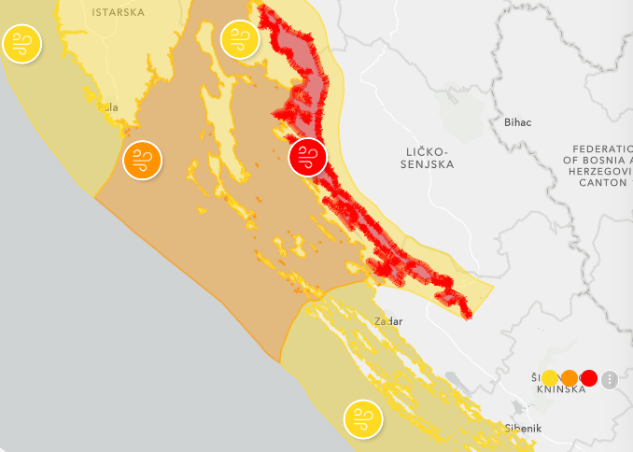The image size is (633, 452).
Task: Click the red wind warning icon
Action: coord(308,156)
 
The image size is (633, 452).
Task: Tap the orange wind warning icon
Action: coord(142,160)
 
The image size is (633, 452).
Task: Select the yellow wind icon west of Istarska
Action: coord(21,44)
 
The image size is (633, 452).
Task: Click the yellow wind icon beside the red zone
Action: coord(239,39)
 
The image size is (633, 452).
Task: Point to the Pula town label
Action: coord(108,107)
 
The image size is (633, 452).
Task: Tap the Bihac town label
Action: coord(516,122)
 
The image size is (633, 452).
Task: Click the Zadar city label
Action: coord(387,321)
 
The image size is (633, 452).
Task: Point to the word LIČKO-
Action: coord(428,150)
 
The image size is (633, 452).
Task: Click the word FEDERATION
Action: coord(602,148)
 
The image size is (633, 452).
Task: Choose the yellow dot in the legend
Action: coord(551,378)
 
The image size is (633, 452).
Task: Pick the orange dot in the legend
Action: coord(570,378)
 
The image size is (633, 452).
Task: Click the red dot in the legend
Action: coord(588,378)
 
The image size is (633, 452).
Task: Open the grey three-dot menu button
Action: coord(610,379)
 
